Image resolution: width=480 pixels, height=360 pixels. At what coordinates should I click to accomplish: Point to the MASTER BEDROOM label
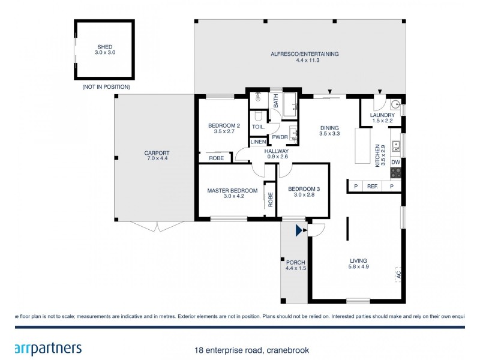pyautogui.click(x=232, y=194)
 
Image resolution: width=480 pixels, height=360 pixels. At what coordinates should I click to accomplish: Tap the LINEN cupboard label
pyautogui.click(x=258, y=142)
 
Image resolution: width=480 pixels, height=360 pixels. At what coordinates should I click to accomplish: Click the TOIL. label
pyautogui.click(x=258, y=127)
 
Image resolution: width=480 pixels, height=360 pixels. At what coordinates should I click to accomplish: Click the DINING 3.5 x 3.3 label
pyautogui.click(x=329, y=131)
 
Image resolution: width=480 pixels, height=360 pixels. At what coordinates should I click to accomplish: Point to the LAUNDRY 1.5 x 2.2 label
pyautogui.click(x=382, y=118)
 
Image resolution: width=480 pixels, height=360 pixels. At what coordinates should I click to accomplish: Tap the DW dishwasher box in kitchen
pyautogui.click(x=395, y=162)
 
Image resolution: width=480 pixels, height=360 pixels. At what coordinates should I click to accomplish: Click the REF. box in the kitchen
pyautogui.click(x=372, y=187)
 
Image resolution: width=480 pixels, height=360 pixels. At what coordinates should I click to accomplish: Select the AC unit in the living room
pyautogui.click(x=397, y=275)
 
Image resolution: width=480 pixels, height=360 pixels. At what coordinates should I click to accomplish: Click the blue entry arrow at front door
pyautogui.click(x=299, y=230)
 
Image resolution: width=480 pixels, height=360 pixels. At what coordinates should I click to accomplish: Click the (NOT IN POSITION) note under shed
pyautogui.click(x=106, y=88)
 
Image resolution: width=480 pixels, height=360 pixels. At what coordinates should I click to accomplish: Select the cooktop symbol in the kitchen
pyautogui.click(x=395, y=173)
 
